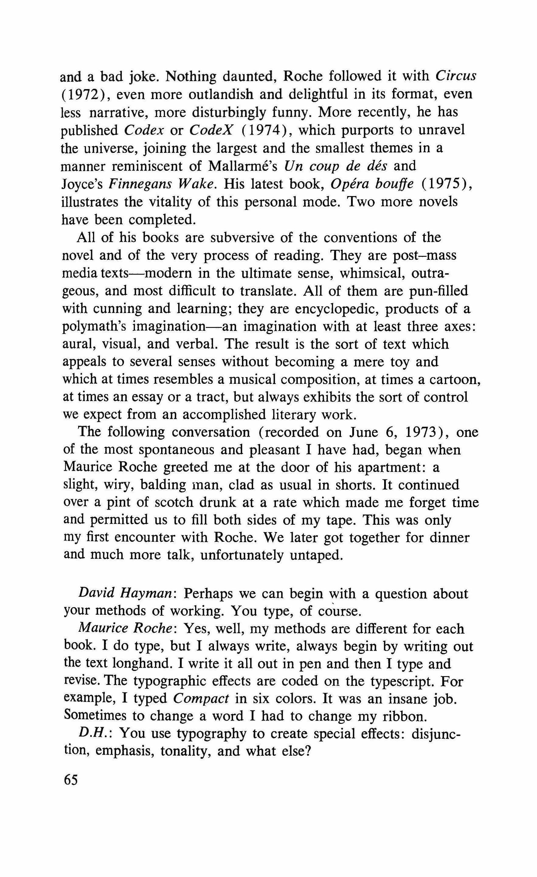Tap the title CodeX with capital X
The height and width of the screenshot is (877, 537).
click(211, 130)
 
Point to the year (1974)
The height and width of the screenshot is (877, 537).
click(264, 130)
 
